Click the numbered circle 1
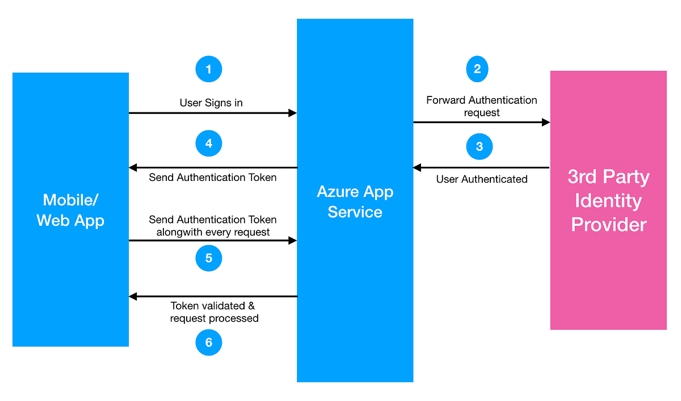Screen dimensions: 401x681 coord(208,70)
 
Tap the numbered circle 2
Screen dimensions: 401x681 coord(477,69)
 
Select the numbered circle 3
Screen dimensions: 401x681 coord(480,147)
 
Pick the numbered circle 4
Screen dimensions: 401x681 coord(208,143)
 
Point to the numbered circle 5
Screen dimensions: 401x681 coord(208,258)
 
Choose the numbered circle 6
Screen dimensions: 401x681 coord(208,343)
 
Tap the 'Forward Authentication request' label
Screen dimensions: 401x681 coord(482,106)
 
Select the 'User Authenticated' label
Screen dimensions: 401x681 coord(482,179)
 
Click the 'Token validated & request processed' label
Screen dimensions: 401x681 coord(214,312)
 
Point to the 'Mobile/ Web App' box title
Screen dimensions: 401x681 coord(70,210)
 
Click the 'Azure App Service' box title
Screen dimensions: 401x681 coord(355,201)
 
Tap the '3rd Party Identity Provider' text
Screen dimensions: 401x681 coord(608,201)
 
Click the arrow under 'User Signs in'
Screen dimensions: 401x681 coord(213,113)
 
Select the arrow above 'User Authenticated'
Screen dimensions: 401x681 coord(482,167)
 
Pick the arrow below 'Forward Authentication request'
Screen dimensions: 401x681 coord(482,122)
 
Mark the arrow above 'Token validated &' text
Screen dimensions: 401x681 coord(213,296)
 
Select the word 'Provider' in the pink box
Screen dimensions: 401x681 coord(608,225)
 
